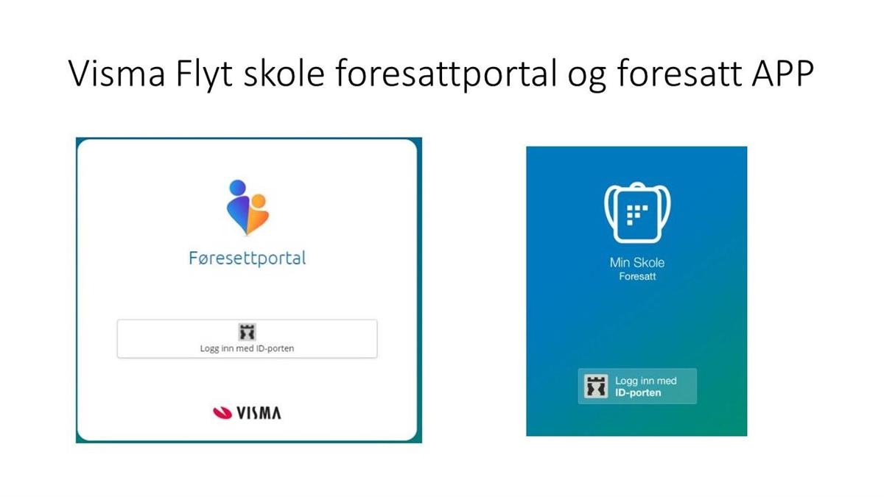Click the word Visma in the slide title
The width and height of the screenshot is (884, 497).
[x=117, y=74]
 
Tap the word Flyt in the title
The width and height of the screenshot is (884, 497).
[x=204, y=75]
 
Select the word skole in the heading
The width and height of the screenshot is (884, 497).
[x=284, y=73]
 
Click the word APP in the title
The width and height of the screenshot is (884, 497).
[x=783, y=74]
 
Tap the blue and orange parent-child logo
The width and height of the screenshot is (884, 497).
[x=248, y=208]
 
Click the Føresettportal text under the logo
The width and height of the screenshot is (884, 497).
[x=248, y=258]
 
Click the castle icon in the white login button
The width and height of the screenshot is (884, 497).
[x=248, y=332]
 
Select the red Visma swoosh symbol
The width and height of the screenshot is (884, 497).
[x=222, y=412]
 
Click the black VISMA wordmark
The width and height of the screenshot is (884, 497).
[x=259, y=413]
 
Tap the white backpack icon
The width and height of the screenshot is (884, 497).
[x=637, y=213]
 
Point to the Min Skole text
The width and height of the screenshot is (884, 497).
[x=637, y=263]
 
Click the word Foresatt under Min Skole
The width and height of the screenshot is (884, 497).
[x=637, y=277]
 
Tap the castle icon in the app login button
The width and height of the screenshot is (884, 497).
[x=596, y=387]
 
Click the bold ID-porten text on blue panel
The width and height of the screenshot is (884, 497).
[x=638, y=393]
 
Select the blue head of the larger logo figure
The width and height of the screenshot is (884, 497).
[x=238, y=188]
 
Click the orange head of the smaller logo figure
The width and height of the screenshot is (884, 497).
[x=259, y=201]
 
